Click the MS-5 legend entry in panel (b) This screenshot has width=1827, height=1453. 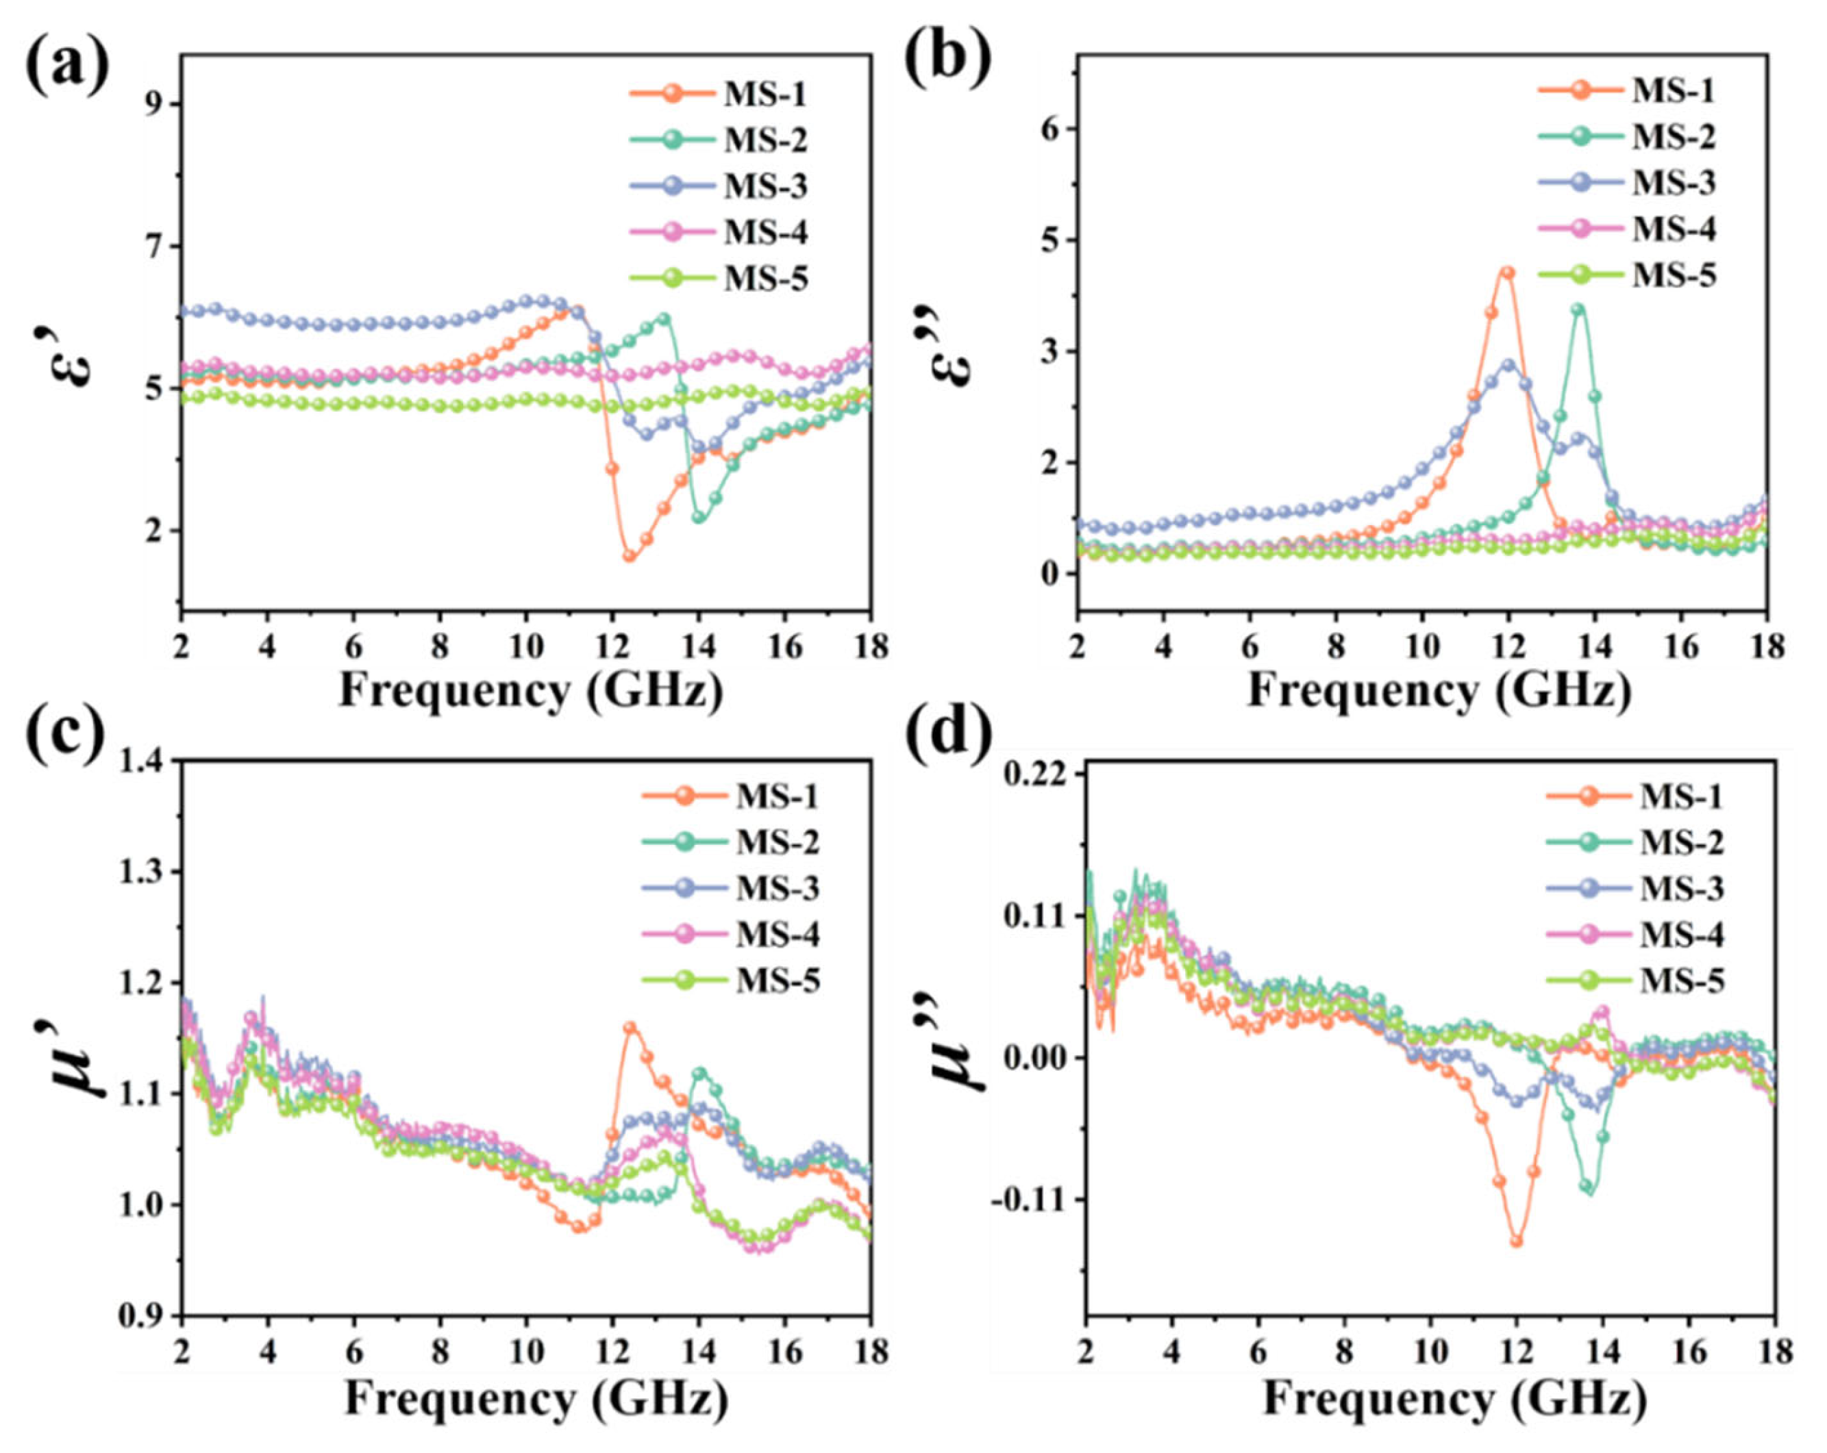pos(1627,275)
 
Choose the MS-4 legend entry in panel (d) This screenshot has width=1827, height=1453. pos(1635,935)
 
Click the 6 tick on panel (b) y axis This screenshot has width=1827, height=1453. pos(1055,129)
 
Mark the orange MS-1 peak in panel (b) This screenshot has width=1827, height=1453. pos(1506,273)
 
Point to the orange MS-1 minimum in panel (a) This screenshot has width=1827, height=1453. pos(630,556)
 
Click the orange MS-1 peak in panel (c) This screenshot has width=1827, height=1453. pos(630,1028)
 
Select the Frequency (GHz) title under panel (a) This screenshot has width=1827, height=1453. pos(532,690)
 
